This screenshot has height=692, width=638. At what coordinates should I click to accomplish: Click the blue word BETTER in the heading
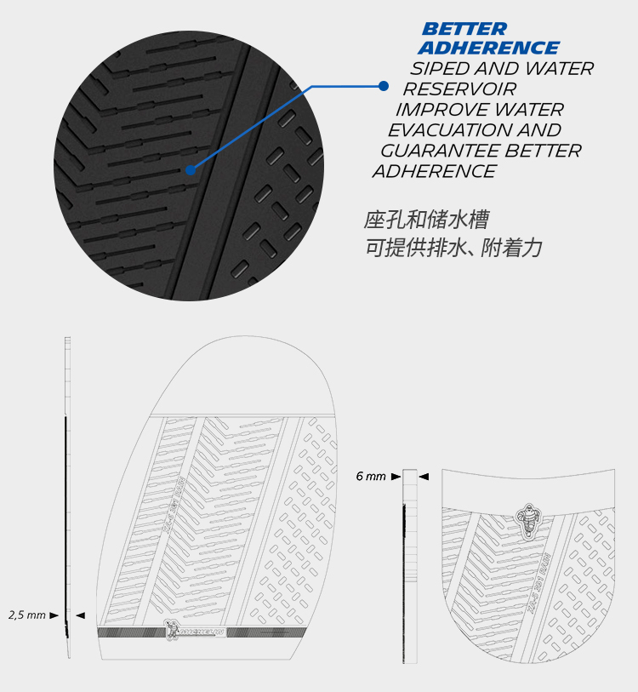pos(464,30)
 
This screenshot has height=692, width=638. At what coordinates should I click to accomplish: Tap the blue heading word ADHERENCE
pos(489,49)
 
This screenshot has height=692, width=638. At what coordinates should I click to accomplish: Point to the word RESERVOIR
pos(459,89)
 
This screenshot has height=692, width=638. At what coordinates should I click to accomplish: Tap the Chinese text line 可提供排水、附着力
pos(453,249)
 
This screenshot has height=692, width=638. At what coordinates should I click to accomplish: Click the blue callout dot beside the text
pos(384,86)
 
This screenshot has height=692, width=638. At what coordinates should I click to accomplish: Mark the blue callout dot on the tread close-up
pos(191,169)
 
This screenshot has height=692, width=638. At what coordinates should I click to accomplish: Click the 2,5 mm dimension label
pos(27,615)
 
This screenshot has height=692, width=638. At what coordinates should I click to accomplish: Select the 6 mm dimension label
pos(371,477)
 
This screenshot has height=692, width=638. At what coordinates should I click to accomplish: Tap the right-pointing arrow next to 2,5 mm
pos(54,615)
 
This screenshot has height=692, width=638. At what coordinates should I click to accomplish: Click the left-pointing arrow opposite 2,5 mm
pos(80,615)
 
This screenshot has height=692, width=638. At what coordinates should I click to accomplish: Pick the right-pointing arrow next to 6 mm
pos(396,477)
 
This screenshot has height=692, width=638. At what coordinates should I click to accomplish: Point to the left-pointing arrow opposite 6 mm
pos(423,477)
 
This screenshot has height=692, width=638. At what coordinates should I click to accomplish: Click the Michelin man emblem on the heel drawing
pos(527,516)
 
